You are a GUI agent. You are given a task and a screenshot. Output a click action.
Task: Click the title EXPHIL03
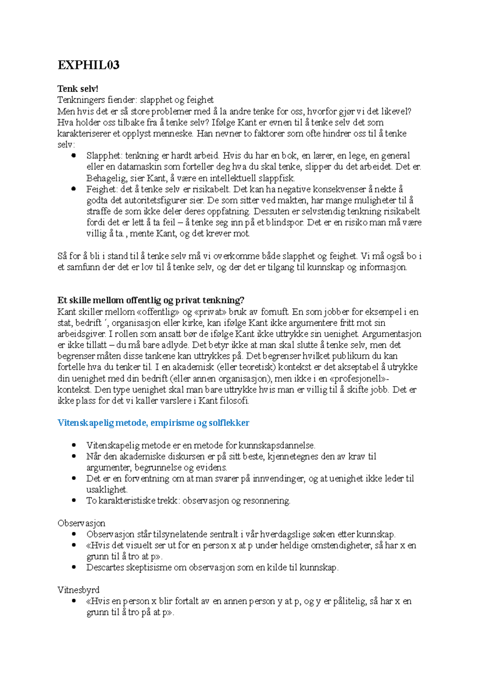tap(88, 65)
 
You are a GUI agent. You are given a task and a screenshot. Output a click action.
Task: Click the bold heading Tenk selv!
tap(78, 88)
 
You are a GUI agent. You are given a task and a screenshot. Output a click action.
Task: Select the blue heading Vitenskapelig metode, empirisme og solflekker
tap(153, 423)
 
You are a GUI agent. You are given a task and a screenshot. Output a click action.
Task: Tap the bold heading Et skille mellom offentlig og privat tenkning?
tap(151, 300)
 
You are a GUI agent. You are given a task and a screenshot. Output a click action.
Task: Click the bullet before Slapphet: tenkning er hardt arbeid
tap(73, 156)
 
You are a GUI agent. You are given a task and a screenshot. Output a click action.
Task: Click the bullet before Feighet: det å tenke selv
tap(73, 189)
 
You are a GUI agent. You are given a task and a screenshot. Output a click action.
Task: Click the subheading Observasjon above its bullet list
tap(81, 523)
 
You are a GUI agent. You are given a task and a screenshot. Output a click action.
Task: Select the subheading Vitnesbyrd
tap(78, 590)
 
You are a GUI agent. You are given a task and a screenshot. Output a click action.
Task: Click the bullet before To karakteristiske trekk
tap(73, 500)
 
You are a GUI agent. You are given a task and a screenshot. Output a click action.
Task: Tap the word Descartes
tap(105, 567)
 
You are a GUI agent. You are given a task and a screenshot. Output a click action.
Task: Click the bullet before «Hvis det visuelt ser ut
tap(73, 545)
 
